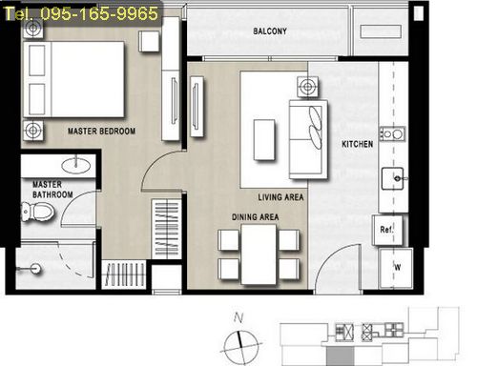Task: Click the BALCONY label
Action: click(270, 31)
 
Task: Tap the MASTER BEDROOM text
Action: click(101, 131)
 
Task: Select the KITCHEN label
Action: click(357, 144)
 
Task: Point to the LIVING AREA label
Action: click(280, 197)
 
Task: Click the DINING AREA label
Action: click(255, 217)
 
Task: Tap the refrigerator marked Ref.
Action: click(387, 230)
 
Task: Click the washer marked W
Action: click(396, 269)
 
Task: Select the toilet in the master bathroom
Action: click(37, 212)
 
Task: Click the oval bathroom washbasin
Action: click(75, 165)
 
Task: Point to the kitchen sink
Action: click(393, 178)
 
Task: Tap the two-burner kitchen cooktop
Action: click(393, 134)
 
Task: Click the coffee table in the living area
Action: click(264, 140)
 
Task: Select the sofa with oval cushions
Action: click(308, 139)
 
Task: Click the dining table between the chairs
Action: click(259, 254)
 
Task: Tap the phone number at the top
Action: click(81, 13)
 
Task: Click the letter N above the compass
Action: click(238, 317)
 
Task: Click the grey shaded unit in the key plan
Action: click(340, 356)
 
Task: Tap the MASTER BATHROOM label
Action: click(52, 190)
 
